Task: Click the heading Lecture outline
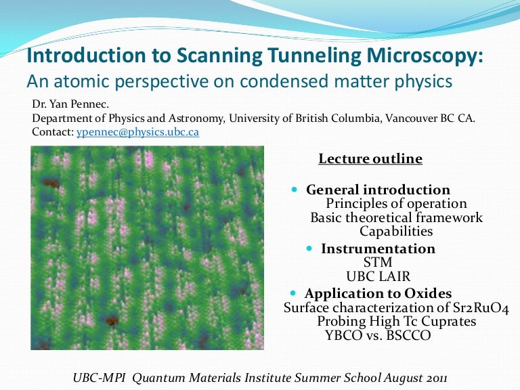(370, 159)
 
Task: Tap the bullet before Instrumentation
(309, 249)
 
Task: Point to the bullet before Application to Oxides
(293, 294)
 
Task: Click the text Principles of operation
(396, 204)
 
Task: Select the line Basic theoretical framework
(396, 218)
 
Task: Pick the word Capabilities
(396, 232)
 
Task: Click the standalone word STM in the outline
(378, 262)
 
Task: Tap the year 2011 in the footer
(434, 376)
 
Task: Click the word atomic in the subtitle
(74, 81)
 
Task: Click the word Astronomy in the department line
(196, 118)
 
